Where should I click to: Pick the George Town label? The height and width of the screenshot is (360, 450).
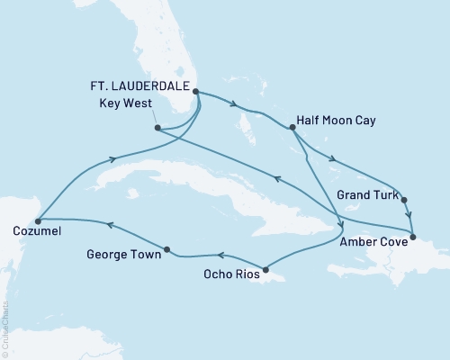124,255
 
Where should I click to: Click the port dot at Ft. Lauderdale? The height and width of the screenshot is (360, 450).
195,91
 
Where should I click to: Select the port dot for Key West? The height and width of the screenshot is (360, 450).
157,128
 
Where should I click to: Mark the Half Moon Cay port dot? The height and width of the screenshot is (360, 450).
292,128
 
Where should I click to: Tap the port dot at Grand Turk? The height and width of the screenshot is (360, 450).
404,200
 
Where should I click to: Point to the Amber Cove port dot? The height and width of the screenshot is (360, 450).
412,238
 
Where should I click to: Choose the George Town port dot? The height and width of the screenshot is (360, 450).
167,248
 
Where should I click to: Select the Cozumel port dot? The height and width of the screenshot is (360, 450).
38,218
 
